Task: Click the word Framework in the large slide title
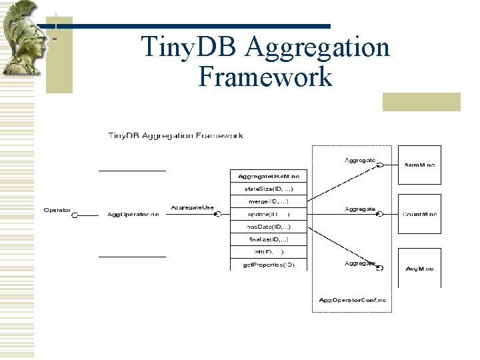pos(265,77)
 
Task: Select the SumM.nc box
pos(419,164)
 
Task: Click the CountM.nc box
pos(419,215)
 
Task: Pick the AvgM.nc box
pos(419,268)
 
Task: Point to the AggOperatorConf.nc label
pos(352,300)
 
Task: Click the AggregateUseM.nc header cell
pos(269,176)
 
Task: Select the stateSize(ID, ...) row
pos(269,189)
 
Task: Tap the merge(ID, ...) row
pos(269,201)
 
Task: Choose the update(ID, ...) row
pos(269,214)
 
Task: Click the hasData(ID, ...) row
pos(269,227)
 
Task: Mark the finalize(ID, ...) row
pos(269,239)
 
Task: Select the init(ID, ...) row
pos(269,252)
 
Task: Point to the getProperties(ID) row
pos(269,265)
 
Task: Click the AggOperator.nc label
pos(133,215)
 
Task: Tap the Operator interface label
pos(57,210)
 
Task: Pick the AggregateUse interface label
pos(192,208)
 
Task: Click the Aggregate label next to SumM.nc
pos(360,160)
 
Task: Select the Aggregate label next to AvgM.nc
pos(360,263)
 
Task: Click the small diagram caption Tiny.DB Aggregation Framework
pos(175,135)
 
